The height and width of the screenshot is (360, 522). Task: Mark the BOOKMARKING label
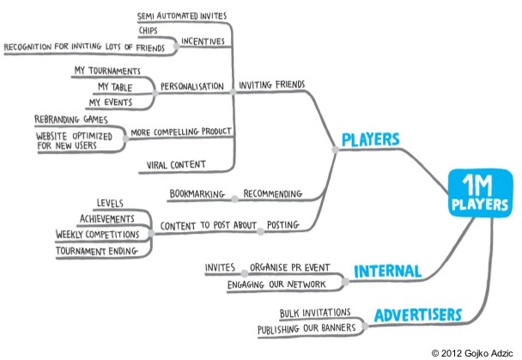click(x=197, y=194)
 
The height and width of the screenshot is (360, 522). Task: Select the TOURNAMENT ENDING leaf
click(x=98, y=251)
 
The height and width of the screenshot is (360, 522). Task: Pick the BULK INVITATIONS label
click(x=317, y=312)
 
